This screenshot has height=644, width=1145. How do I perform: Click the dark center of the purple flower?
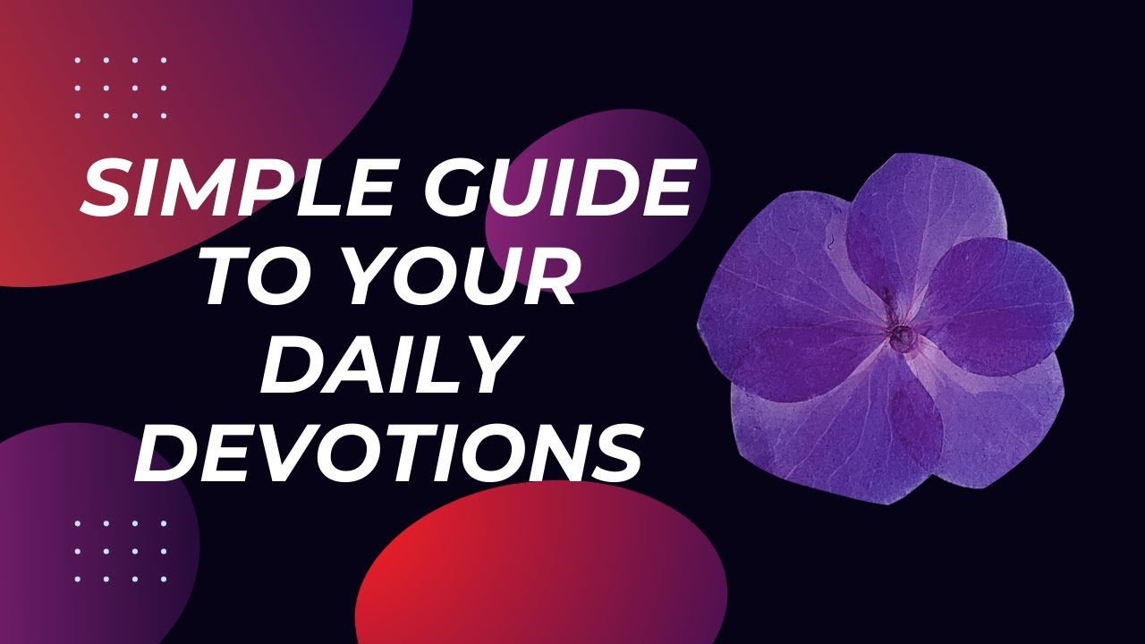point(901,336)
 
